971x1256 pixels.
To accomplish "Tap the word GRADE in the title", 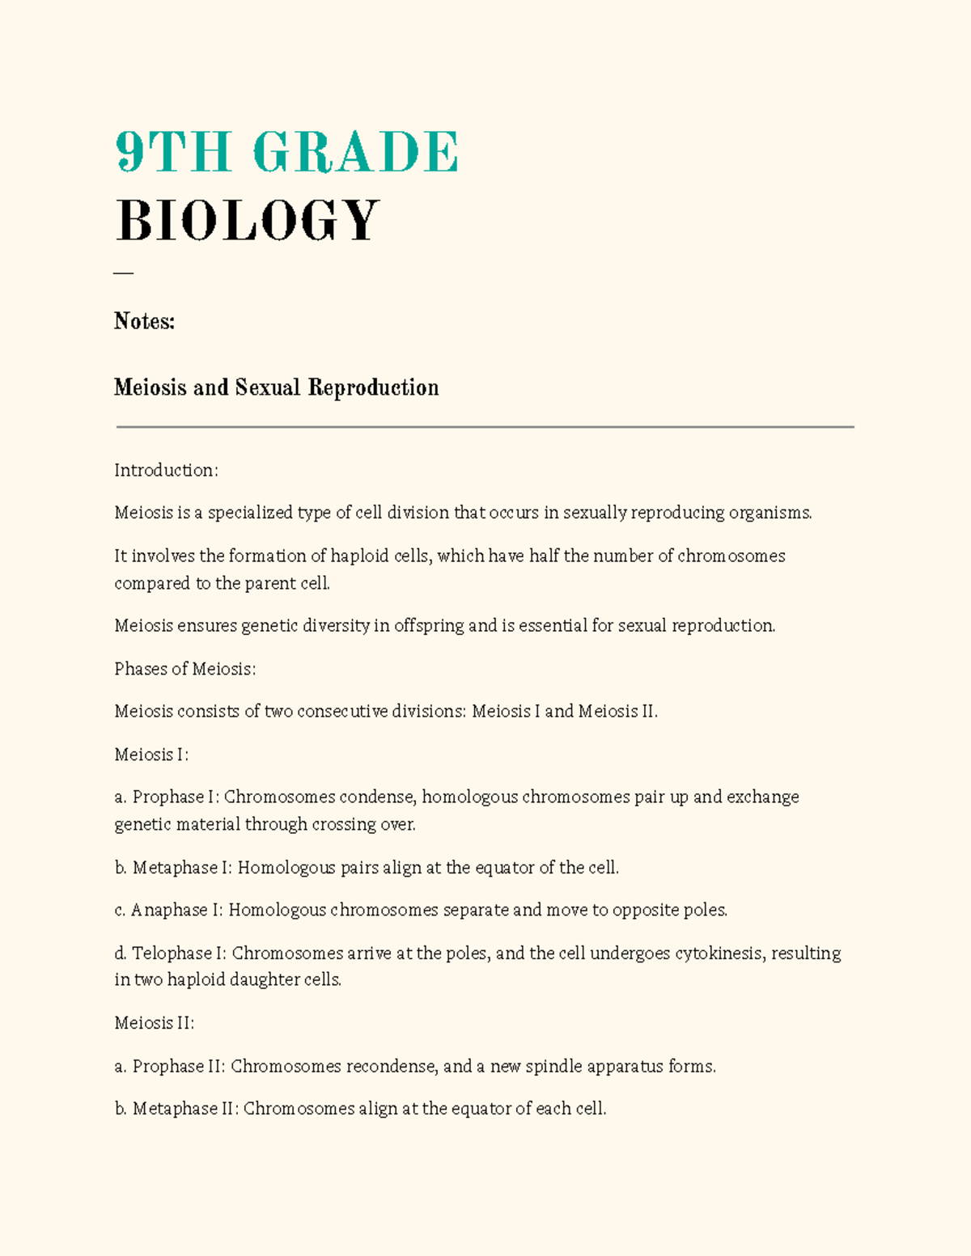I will tap(355, 152).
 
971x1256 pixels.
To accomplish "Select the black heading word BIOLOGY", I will tap(247, 221).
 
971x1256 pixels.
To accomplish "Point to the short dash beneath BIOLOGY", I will tap(123, 273).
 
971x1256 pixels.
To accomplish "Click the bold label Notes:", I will tap(144, 322).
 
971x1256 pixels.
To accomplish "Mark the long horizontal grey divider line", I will tap(485, 426).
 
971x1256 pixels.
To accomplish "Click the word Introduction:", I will tap(166, 470).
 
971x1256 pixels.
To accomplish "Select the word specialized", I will tap(250, 513).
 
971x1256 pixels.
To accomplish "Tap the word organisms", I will tap(770, 513).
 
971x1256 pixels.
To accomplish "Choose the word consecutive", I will tap(342, 711).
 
